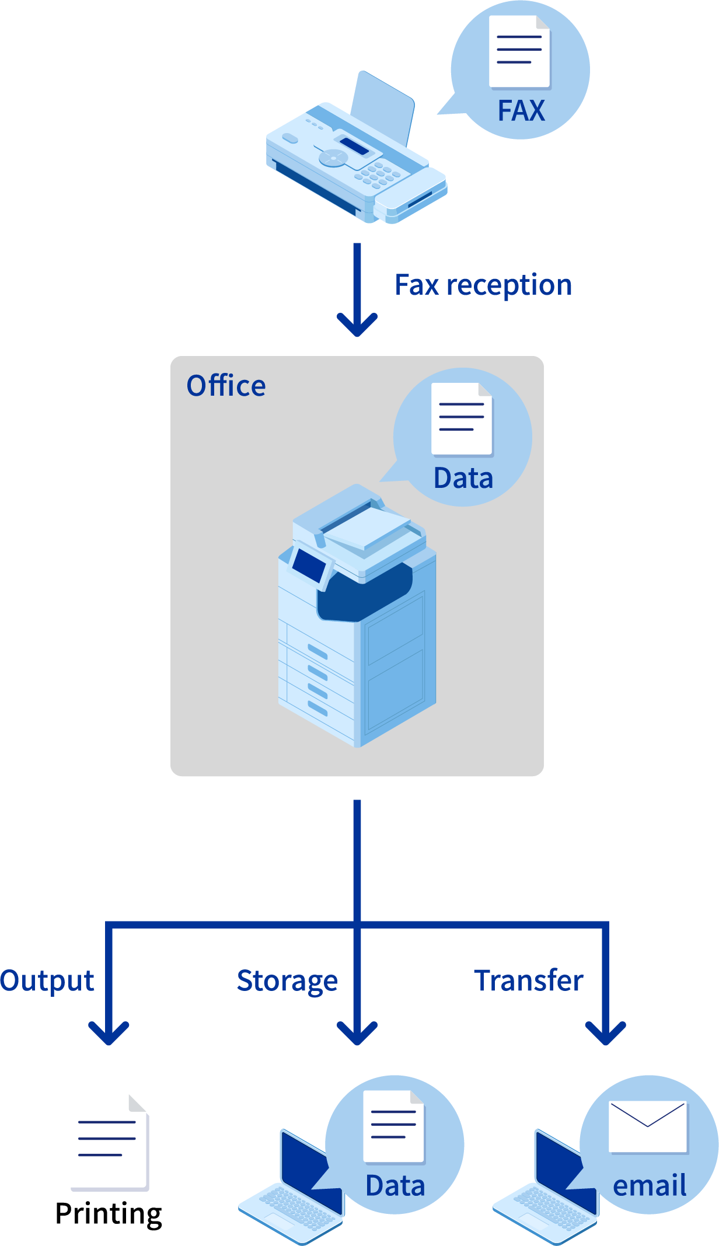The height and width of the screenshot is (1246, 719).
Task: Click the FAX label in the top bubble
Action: (521, 110)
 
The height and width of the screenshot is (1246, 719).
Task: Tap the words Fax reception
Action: (483, 285)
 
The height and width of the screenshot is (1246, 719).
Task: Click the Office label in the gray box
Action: (226, 386)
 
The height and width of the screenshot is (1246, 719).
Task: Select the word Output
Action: (47, 981)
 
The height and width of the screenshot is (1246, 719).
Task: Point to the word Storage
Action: (287, 981)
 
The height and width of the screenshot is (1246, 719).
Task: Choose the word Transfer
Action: (528, 980)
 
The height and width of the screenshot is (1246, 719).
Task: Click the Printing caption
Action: (109, 1214)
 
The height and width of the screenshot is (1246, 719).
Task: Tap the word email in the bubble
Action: (650, 1186)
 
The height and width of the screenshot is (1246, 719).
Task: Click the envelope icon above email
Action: (648, 1126)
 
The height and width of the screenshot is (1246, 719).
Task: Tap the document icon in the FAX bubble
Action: (519, 51)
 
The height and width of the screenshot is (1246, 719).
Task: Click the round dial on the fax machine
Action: (333, 157)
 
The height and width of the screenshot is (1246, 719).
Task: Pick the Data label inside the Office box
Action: (463, 479)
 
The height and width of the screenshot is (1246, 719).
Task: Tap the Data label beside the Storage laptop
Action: (395, 1186)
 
